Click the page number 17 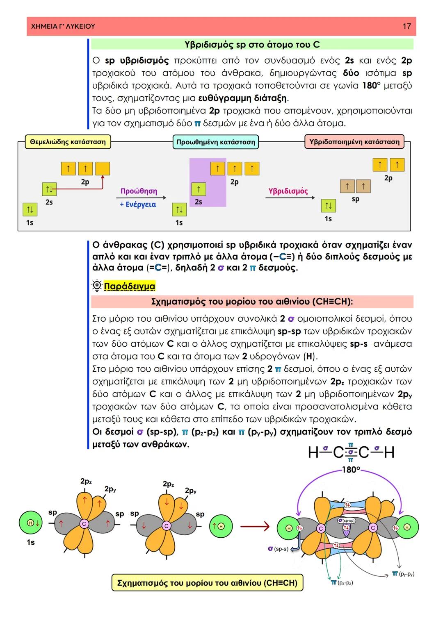click(406, 26)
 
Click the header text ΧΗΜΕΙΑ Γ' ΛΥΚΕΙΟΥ click(63, 26)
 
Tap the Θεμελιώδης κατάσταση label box click(68, 142)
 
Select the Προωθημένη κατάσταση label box click(216, 142)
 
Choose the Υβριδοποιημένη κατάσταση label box click(354, 142)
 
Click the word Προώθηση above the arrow click(139, 191)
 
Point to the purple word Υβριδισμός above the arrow click(288, 191)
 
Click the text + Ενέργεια click(138, 204)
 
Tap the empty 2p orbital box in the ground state click(103, 168)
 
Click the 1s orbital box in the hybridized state click(328, 205)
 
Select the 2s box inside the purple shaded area click(199, 189)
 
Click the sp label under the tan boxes click(356, 199)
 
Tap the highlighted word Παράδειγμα click(130, 286)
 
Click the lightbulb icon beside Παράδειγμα click(97, 286)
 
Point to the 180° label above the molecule click(351, 470)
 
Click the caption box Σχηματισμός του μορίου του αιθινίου click(207, 582)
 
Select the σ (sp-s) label click(278, 548)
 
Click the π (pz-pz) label click(342, 582)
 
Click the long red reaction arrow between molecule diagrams click(254, 526)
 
